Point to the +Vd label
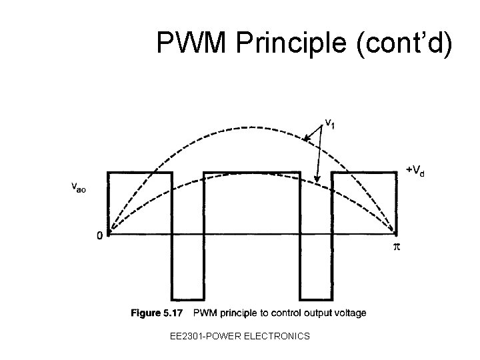tap(416, 170)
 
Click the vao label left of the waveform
tap(79, 187)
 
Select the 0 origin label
tap(99, 235)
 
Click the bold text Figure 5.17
tap(158, 313)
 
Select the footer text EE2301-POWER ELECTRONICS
tap(240, 336)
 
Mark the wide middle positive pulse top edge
tap(252, 172)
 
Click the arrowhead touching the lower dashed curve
tap(318, 181)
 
